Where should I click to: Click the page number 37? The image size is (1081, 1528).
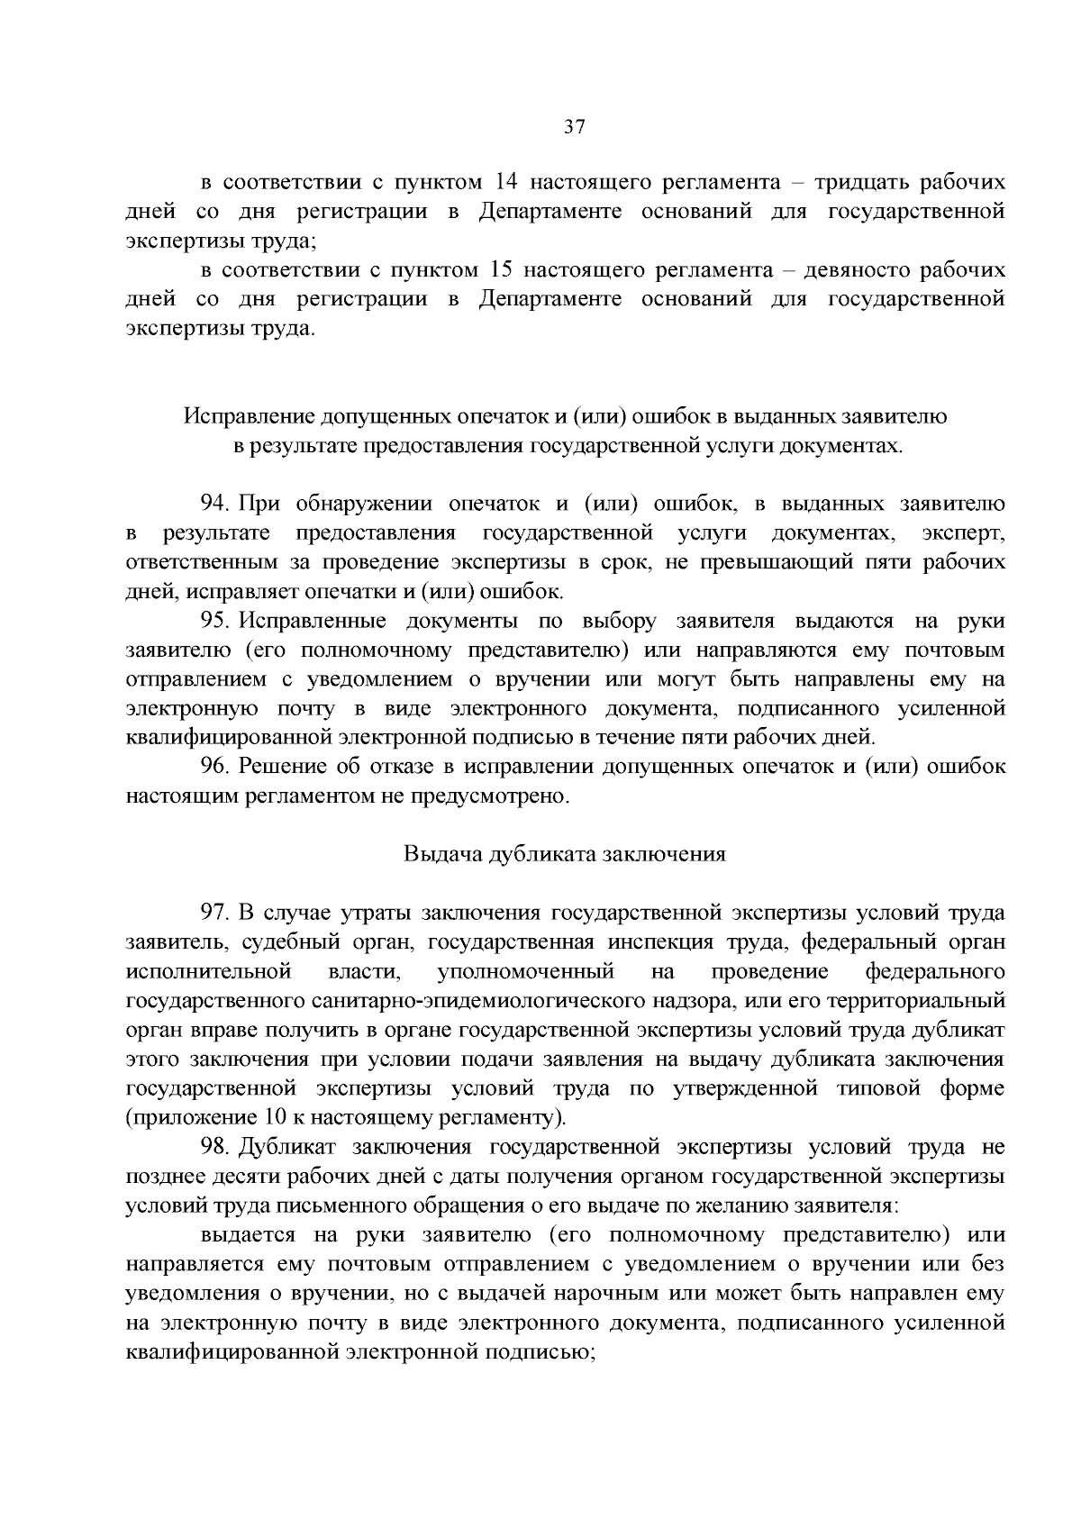pos(575,127)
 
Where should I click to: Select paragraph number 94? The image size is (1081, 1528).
pos(216,504)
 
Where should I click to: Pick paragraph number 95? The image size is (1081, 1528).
pos(216,621)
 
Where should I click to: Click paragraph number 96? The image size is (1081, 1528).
pos(216,767)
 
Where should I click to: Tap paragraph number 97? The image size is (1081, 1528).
pos(216,913)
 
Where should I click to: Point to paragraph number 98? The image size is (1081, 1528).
pos(216,1147)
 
